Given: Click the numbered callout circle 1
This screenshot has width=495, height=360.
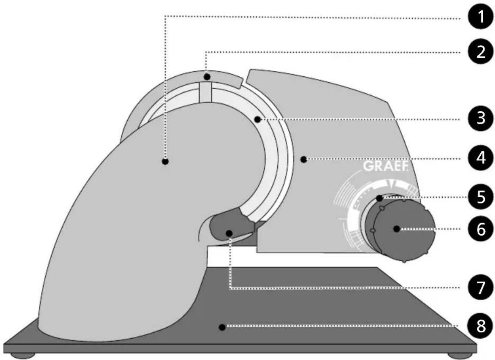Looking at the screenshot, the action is [x=481, y=17].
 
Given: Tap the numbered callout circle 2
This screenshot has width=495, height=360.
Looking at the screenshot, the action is [x=481, y=52].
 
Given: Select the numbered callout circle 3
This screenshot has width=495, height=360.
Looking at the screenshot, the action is [x=481, y=118].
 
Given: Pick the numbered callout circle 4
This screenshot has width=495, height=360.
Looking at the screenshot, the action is [x=481, y=158].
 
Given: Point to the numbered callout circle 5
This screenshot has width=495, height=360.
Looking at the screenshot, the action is [x=481, y=196].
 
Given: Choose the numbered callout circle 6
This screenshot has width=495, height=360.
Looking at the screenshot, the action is [x=481, y=229].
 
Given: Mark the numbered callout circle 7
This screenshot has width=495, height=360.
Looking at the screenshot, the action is [x=481, y=288].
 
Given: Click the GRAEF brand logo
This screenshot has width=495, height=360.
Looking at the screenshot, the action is [x=385, y=166].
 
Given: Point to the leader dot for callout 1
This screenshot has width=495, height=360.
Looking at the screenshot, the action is [x=165, y=162].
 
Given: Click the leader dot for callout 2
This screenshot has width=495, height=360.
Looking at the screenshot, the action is [x=207, y=77].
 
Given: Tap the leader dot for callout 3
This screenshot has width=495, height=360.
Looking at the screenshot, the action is [x=258, y=120].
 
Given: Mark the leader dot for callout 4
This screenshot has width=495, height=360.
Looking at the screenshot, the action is [x=304, y=159].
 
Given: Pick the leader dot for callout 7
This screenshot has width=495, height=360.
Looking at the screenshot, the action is [x=229, y=233].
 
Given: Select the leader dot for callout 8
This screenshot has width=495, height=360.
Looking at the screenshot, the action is [x=222, y=327].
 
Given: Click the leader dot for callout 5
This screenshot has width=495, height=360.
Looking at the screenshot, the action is [x=380, y=198].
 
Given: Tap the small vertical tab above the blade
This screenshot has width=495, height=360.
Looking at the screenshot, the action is [x=206, y=92].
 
